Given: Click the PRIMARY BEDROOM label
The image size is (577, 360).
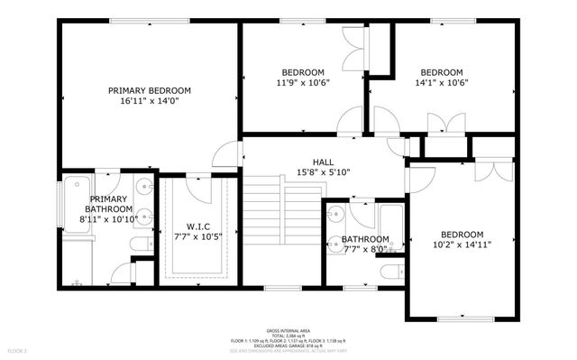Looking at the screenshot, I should click(150, 90).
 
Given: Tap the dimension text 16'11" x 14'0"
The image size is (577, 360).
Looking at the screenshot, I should click(150, 102).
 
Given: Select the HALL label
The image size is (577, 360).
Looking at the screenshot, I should click(310, 162).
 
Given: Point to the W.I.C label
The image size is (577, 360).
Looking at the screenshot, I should click(198, 226).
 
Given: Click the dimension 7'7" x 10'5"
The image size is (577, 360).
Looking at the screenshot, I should click(198, 237).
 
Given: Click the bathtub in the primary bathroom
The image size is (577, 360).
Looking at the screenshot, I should click(76, 208).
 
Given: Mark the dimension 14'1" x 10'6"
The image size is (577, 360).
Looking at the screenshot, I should click(442, 83).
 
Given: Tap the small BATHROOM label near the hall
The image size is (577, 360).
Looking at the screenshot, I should click(365, 239).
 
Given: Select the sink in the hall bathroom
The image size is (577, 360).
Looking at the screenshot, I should click(335, 214).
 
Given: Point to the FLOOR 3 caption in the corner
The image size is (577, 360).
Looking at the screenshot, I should click(17, 349).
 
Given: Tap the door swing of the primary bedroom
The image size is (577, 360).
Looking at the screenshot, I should click(226, 155).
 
